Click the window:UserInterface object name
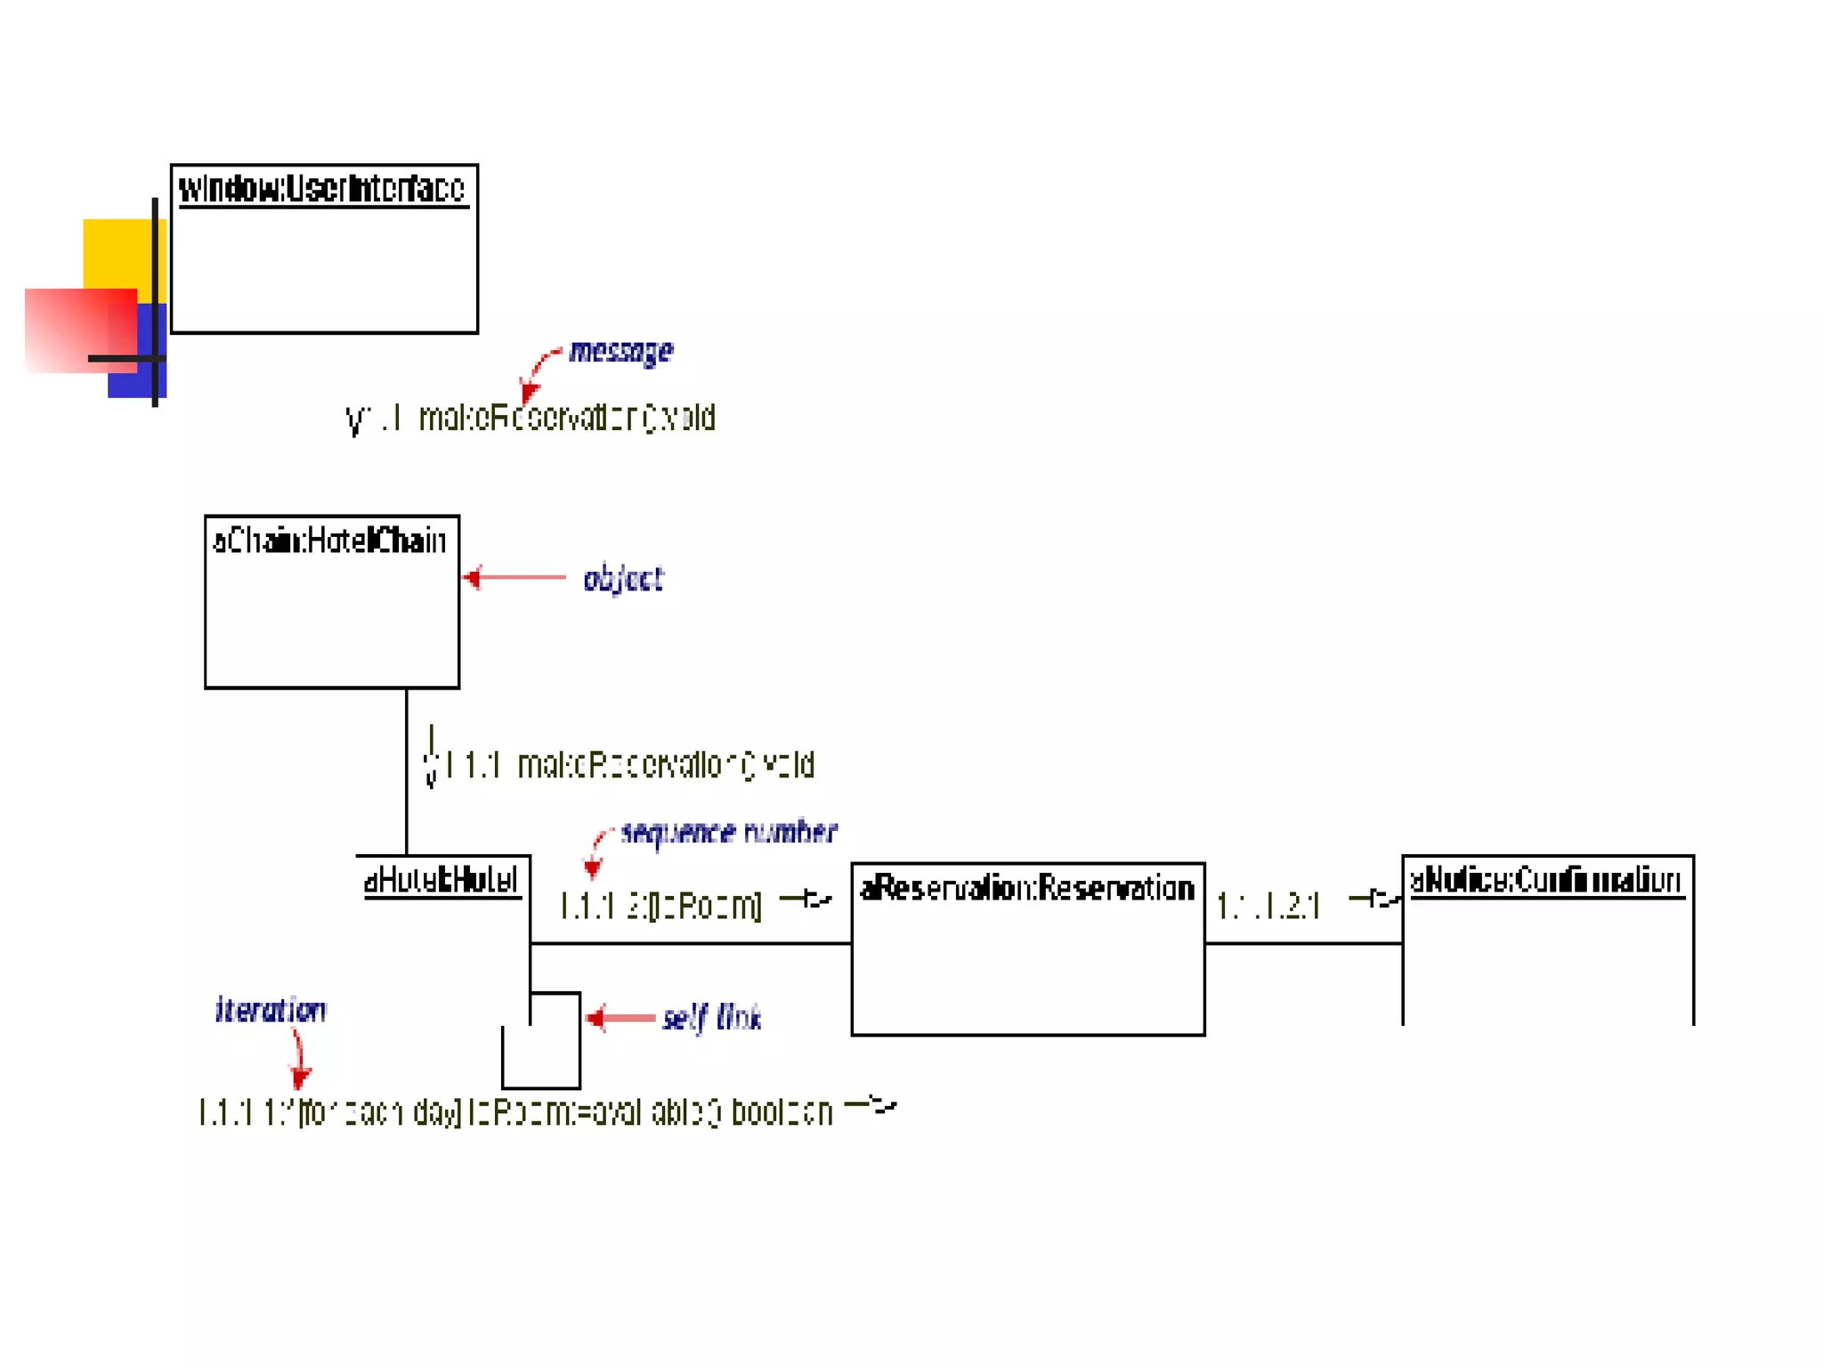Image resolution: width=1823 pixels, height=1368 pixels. [x=322, y=189]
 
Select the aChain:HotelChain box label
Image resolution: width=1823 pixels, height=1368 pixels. [x=329, y=541]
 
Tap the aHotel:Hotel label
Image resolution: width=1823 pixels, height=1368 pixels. [x=442, y=880]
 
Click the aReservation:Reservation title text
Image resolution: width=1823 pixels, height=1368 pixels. [x=1027, y=888]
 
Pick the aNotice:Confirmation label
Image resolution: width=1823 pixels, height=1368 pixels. [x=1546, y=880]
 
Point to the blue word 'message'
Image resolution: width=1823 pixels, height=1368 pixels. [x=620, y=351]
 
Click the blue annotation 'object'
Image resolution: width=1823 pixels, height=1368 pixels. [x=623, y=579]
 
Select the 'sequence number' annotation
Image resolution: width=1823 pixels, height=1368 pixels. [x=728, y=832]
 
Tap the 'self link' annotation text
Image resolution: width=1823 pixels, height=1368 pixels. [x=711, y=1017]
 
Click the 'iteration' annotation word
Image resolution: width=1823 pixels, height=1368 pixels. [x=271, y=1010]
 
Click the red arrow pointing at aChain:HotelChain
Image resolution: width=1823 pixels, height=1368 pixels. [x=514, y=578]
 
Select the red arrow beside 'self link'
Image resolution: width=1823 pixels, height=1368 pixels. [x=621, y=1017]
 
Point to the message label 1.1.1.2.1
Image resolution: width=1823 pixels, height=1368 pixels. [x=1268, y=907]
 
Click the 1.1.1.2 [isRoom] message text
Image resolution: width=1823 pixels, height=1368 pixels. [x=660, y=907]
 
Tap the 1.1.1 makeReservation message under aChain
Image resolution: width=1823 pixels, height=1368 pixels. [x=629, y=765]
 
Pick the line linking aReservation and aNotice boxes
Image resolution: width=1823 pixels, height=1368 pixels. [x=1303, y=943]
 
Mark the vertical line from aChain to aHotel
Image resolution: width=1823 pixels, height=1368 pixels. [x=407, y=771]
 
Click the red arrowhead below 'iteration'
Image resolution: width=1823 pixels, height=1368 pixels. [x=300, y=1078]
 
